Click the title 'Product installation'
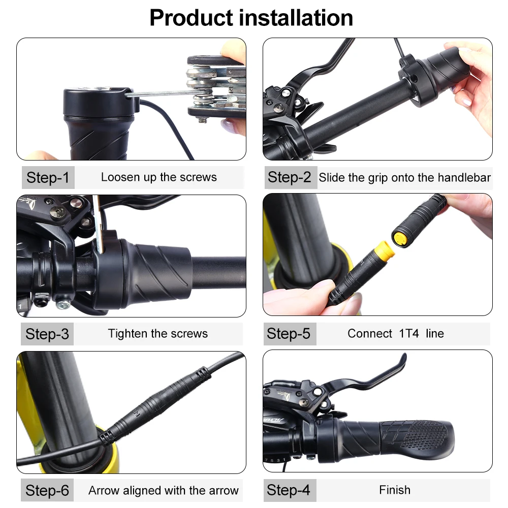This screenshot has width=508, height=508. (251, 18)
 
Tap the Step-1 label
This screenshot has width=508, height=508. (48, 177)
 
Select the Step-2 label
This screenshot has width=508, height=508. (290, 177)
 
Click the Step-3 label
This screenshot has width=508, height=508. (47, 334)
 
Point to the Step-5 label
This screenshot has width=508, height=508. (289, 333)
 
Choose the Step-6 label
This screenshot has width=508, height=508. (47, 490)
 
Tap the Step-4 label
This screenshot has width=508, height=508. (289, 490)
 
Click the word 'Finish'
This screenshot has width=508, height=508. (395, 490)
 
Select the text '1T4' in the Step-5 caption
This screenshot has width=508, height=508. (409, 333)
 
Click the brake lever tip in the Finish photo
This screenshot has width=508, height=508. (403, 358)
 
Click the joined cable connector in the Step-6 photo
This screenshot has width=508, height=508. (155, 405)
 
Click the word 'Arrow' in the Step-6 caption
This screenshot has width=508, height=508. (104, 491)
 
